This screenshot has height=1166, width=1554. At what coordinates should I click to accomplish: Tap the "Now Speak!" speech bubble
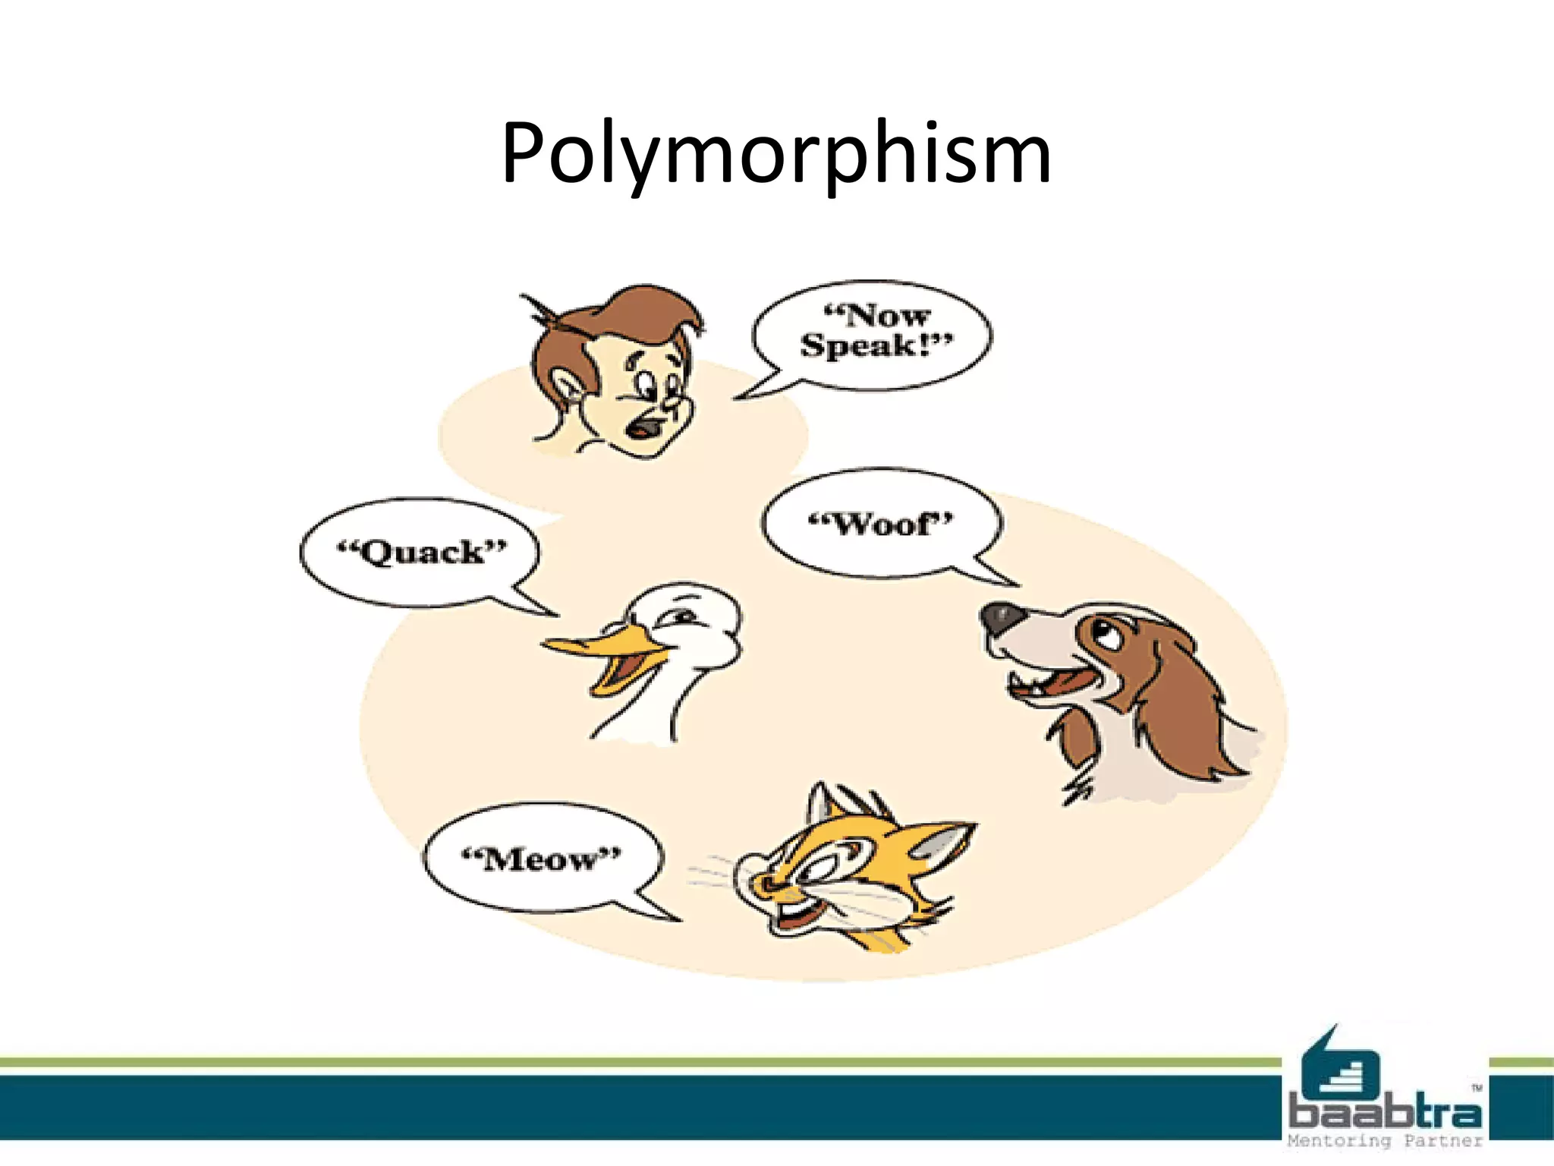[x=873, y=335]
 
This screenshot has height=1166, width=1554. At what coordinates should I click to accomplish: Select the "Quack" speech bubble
[x=420, y=553]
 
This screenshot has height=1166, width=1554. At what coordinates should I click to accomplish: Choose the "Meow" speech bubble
[x=542, y=859]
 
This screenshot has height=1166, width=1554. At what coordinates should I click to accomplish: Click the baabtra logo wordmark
[x=1385, y=1113]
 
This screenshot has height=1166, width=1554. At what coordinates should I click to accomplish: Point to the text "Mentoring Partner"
[x=1385, y=1140]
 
